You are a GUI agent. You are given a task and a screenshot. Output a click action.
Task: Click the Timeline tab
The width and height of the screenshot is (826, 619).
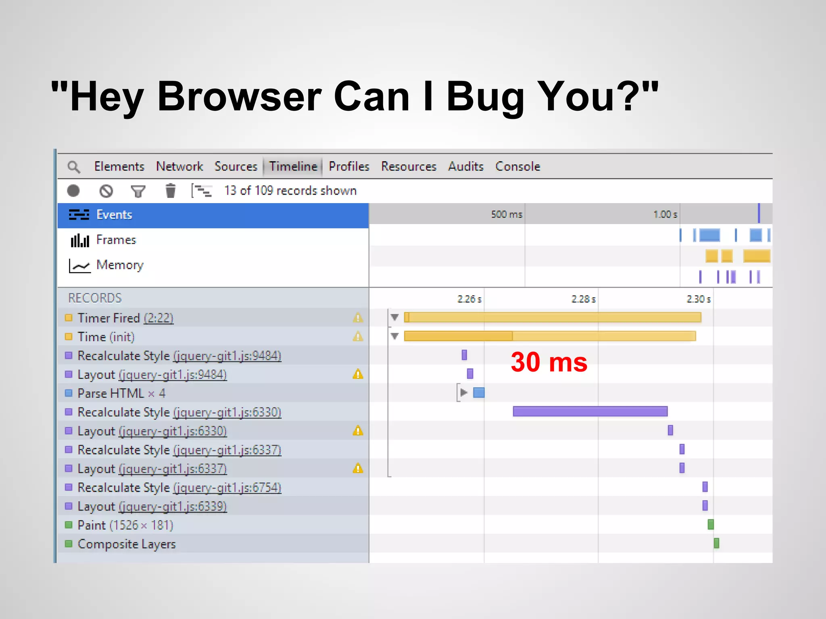tap(293, 166)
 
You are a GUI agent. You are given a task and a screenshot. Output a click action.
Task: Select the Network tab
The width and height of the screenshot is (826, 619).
tap(179, 166)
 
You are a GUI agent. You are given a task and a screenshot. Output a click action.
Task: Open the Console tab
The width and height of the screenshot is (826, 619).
tap(517, 166)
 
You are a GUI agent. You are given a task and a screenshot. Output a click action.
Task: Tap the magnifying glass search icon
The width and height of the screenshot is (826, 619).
tap(74, 167)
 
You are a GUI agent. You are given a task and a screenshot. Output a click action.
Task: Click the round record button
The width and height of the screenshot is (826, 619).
tap(73, 191)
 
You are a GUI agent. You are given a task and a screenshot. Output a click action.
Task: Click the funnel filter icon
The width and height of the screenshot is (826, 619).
tap(138, 191)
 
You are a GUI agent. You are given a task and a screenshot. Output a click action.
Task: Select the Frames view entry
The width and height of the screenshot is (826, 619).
tap(116, 240)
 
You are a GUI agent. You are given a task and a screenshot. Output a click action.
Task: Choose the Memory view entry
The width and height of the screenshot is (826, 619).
tap(120, 265)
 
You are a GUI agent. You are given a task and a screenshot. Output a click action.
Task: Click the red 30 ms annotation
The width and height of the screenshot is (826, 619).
tap(549, 362)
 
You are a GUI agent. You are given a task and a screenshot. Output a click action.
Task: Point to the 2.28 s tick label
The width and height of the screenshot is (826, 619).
tap(583, 299)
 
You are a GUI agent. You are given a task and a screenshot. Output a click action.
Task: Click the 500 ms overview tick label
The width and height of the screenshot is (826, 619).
tap(507, 214)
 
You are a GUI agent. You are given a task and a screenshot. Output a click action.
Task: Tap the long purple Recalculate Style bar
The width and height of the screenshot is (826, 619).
tap(590, 411)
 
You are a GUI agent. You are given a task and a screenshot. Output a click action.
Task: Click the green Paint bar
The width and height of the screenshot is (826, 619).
tap(711, 524)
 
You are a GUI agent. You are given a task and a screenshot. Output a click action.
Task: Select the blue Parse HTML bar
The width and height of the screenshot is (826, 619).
tap(479, 393)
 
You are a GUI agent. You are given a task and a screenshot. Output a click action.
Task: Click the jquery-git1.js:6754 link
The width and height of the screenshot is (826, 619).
tap(227, 488)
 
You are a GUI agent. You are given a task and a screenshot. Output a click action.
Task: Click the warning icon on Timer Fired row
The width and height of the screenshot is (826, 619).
tap(358, 318)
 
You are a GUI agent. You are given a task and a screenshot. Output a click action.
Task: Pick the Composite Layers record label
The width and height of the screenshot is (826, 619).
tap(127, 544)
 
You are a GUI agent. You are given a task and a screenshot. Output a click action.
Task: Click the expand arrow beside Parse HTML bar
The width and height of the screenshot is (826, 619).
tap(464, 393)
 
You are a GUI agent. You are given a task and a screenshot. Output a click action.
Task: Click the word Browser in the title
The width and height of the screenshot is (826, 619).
tap(239, 97)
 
